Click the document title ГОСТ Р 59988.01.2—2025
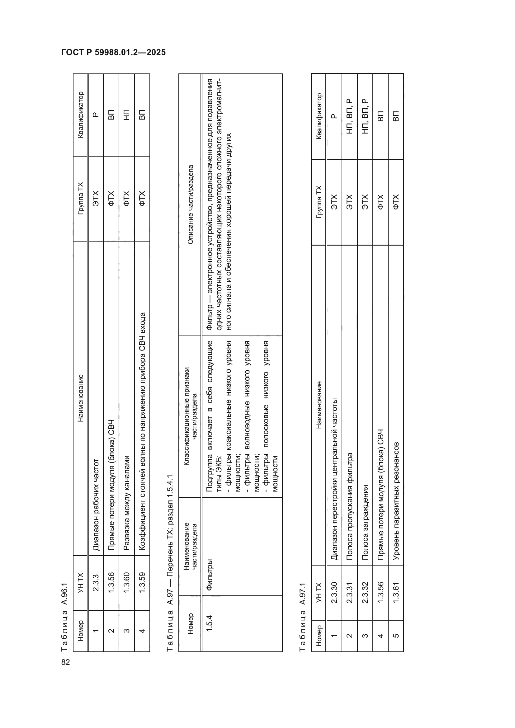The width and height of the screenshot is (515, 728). pos(114,52)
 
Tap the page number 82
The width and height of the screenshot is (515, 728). pos(65,662)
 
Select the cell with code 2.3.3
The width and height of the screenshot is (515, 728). pos(96,583)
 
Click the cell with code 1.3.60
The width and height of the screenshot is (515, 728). pos(126,583)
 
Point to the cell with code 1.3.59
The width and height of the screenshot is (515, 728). pos(142,583)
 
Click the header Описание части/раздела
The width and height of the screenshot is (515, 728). pos(190,204)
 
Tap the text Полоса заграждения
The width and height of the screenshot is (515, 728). pos(365,522)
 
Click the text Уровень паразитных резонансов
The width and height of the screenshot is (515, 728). pos(396,501)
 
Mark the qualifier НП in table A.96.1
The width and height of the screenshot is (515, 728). pos(126,115)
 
